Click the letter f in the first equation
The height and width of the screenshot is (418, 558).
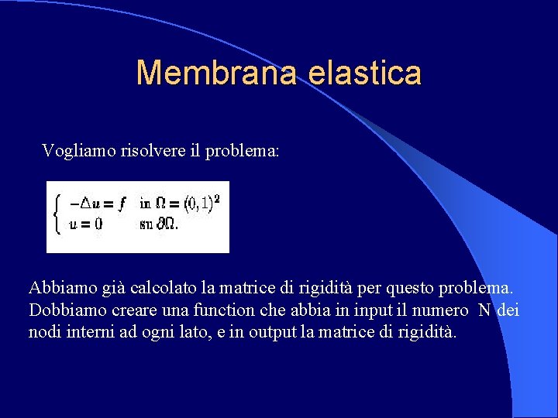(123, 204)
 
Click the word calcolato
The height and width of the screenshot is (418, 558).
(164, 289)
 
